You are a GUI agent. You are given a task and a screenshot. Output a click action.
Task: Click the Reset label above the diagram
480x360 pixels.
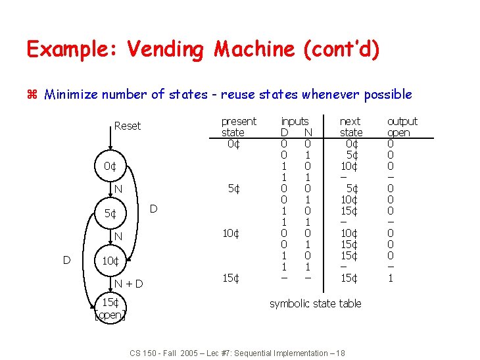click(x=127, y=126)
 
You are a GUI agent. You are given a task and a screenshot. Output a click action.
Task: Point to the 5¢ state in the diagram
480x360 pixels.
click(x=110, y=214)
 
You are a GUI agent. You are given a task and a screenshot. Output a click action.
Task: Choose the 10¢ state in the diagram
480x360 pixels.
click(x=110, y=261)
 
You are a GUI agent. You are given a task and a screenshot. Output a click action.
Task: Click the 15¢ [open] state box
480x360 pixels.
click(x=110, y=309)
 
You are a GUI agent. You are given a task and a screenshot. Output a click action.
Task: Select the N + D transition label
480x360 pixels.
click(x=129, y=284)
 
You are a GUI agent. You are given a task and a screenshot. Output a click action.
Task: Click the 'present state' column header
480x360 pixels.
click(x=239, y=126)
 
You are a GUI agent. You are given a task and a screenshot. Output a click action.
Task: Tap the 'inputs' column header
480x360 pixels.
click(x=295, y=121)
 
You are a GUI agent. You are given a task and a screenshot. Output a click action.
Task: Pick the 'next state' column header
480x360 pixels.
click(x=350, y=126)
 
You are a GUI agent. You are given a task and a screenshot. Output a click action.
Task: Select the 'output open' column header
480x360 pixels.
click(x=402, y=126)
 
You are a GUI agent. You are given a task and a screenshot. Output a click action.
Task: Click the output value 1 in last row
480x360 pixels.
click(x=390, y=278)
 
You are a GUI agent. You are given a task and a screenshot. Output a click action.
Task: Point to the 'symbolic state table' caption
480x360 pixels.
click(x=315, y=303)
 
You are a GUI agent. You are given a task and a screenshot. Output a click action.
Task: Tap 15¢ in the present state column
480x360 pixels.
click(x=230, y=278)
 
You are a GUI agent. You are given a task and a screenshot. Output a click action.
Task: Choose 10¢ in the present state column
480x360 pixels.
click(x=230, y=233)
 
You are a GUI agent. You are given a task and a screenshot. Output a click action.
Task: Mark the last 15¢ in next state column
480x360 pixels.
click(x=350, y=278)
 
